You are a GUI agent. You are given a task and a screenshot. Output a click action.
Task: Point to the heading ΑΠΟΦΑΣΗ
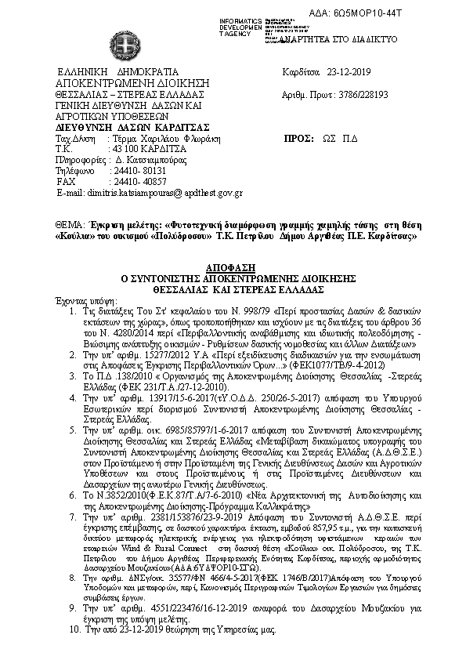click(233, 269)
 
